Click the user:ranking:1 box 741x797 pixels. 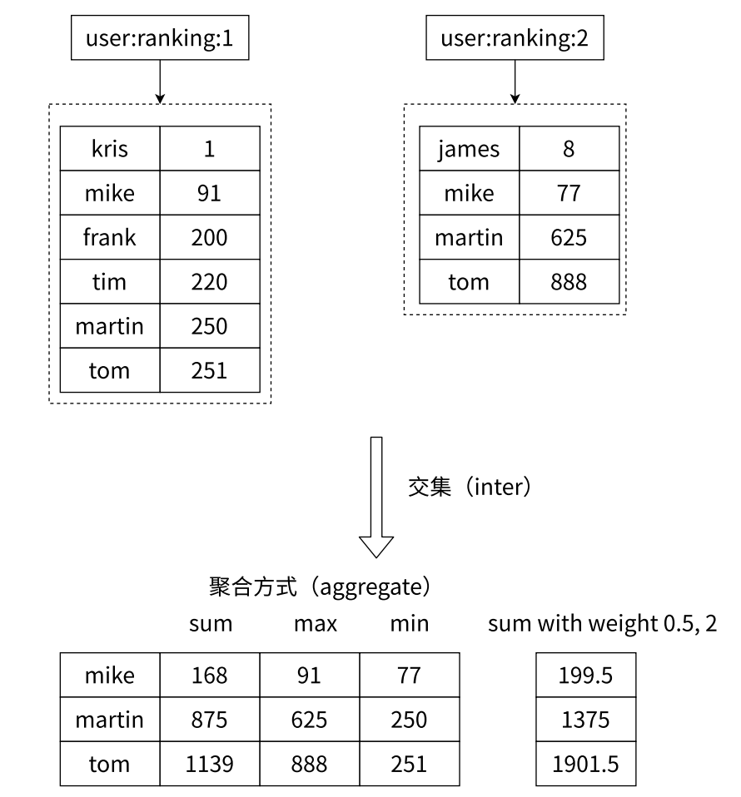(x=160, y=38)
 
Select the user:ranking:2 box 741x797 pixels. (x=515, y=38)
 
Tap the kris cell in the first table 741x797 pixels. (x=109, y=149)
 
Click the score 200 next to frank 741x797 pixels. (x=209, y=238)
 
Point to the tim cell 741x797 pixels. (x=109, y=282)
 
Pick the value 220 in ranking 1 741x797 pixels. (x=209, y=282)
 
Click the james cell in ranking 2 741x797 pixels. (x=469, y=149)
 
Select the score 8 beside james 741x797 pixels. (x=569, y=149)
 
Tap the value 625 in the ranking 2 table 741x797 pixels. (x=569, y=238)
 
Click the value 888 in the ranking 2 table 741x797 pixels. (x=569, y=282)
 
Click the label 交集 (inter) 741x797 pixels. (x=469, y=487)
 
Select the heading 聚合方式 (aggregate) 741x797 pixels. (x=319, y=587)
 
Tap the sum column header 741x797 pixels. (x=211, y=623)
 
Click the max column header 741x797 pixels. (x=316, y=623)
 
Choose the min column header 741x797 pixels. (x=410, y=623)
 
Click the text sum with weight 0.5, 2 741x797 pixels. (x=602, y=623)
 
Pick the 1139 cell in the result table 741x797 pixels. (x=209, y=764)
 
